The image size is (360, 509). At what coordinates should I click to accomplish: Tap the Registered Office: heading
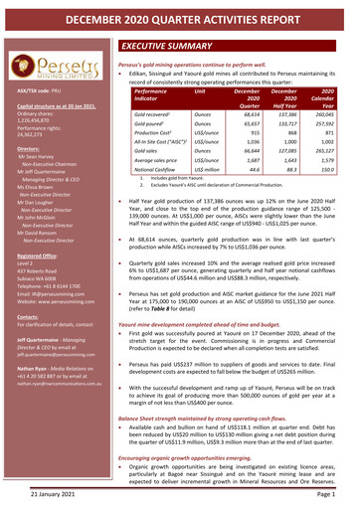click(36, 255)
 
